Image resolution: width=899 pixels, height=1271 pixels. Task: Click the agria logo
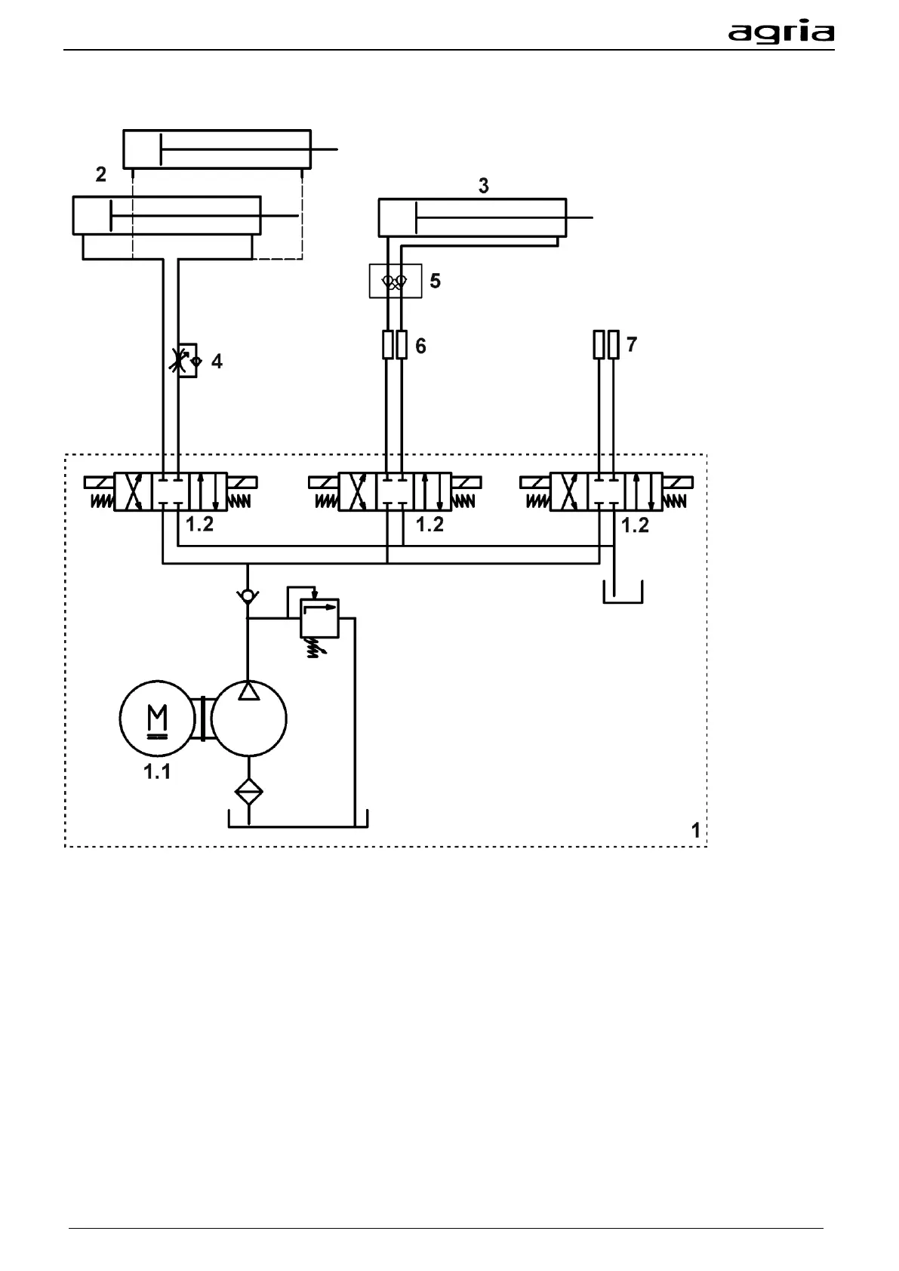click(x=780, y=32)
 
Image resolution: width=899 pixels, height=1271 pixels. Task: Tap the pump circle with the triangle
click(x=248, y=718)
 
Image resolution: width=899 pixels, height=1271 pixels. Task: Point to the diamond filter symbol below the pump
click(x=248, y=792)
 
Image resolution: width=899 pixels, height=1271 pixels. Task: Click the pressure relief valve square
click(x=320, y=617)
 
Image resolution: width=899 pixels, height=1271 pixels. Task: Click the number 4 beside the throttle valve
click(x=217, y=362)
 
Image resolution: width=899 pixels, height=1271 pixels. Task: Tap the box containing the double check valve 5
click(x=395, y=281)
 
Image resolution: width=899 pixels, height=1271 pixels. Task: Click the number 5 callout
click(x=436, y=282)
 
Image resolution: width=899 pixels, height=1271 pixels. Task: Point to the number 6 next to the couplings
click(x=421, y=346)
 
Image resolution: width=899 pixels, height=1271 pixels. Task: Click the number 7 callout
click(x=632, y=345)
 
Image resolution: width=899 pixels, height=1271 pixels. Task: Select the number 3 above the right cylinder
click(x=484, y=186)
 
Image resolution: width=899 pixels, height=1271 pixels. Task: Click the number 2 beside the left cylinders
click(x=101, y=174)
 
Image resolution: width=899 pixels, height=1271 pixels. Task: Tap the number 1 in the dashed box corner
click(x=695, y=830)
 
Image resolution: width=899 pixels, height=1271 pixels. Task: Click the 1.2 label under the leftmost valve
click(x=200, y=524)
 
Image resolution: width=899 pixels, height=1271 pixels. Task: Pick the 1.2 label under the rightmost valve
click(x=635, y=525)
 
